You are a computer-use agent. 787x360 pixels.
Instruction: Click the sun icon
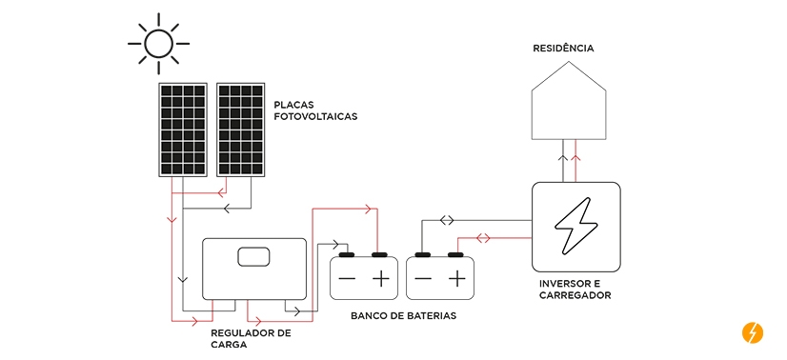158,42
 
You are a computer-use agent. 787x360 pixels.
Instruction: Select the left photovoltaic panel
183,130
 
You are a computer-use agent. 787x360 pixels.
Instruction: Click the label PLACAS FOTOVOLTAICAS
315,110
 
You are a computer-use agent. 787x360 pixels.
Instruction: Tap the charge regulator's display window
254,257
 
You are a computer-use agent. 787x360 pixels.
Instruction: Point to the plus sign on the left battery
381,278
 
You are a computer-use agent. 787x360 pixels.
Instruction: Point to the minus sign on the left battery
347,278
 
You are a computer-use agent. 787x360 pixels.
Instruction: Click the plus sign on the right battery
457,278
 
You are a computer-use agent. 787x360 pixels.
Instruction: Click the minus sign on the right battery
423,278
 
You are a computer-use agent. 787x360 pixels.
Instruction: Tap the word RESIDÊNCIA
568,47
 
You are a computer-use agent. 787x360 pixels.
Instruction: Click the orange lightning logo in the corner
753,332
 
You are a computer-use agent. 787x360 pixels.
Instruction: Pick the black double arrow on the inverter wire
447,221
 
